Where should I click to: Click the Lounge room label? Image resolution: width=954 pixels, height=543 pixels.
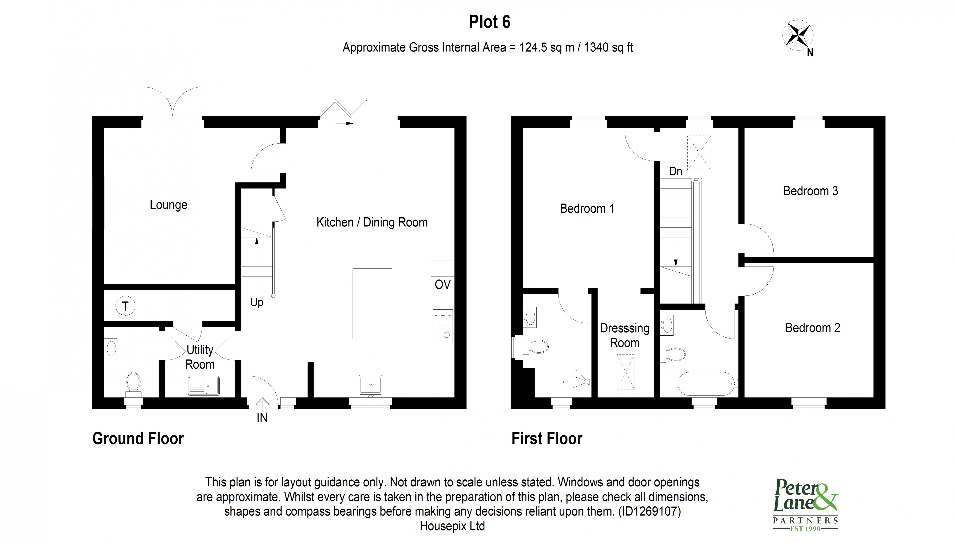(x=169, y=205)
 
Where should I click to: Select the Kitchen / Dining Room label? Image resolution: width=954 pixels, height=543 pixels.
(x=372, y=222)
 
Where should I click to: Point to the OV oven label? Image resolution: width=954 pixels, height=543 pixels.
(x=443, y=284)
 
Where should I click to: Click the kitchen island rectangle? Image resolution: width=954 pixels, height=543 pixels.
(x=372, y=304)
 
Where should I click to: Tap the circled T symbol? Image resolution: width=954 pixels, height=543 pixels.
(x=125, y=306)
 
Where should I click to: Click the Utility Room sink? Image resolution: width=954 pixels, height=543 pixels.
(x=204, y=385)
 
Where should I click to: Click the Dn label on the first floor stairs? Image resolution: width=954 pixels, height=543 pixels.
(x=676, y=171)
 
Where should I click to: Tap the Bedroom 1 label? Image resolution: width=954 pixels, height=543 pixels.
(x=587, y=208)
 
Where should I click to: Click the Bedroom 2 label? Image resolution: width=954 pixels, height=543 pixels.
(x=812, y=328)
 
